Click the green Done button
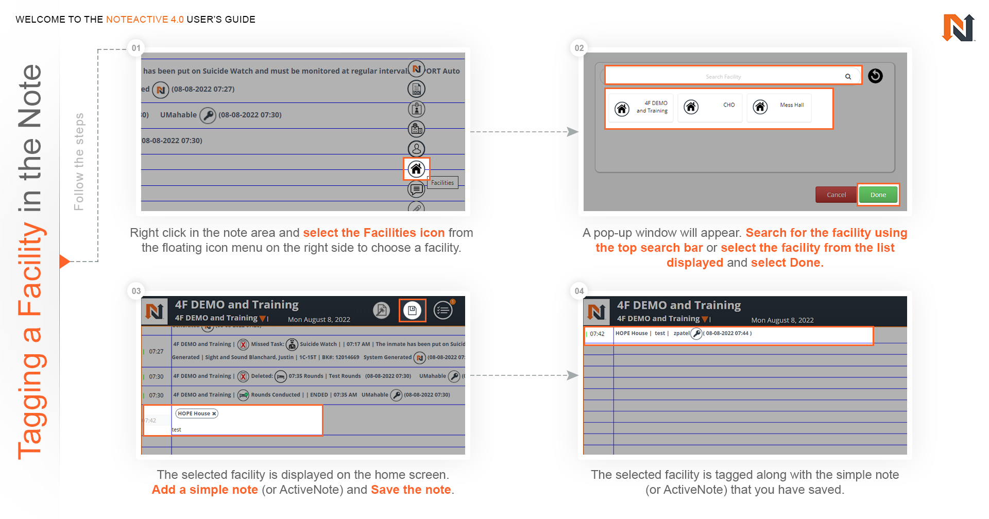click(878, 195)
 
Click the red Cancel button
click(836, 195)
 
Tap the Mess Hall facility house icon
click(760, 107)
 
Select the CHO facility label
click(728, 105)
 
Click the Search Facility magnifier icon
click(848, 77)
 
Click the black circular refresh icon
click(875, 76)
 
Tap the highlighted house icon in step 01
click(416, 169)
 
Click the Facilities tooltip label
click(442, 183)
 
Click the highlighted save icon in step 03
click(412, 310)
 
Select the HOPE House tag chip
click(196, 413)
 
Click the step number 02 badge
click(579, 48)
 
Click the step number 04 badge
click(579, 291)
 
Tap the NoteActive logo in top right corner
click(958, 28)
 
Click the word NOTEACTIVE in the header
click(137, 20)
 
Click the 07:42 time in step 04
click(597, 334)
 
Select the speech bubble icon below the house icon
click(416, 189)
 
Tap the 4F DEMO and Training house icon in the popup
click(622, 109)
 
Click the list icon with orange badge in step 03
click(443, 310)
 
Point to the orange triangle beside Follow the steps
click(64, 262)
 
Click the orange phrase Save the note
click(411, 490)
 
